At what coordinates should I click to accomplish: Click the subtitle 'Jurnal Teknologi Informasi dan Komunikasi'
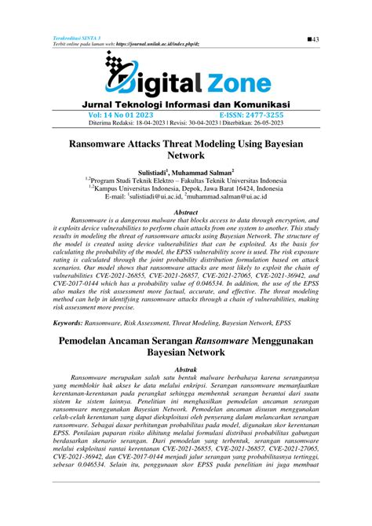click(186, 104)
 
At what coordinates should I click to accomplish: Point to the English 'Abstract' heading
click(186, 213)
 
